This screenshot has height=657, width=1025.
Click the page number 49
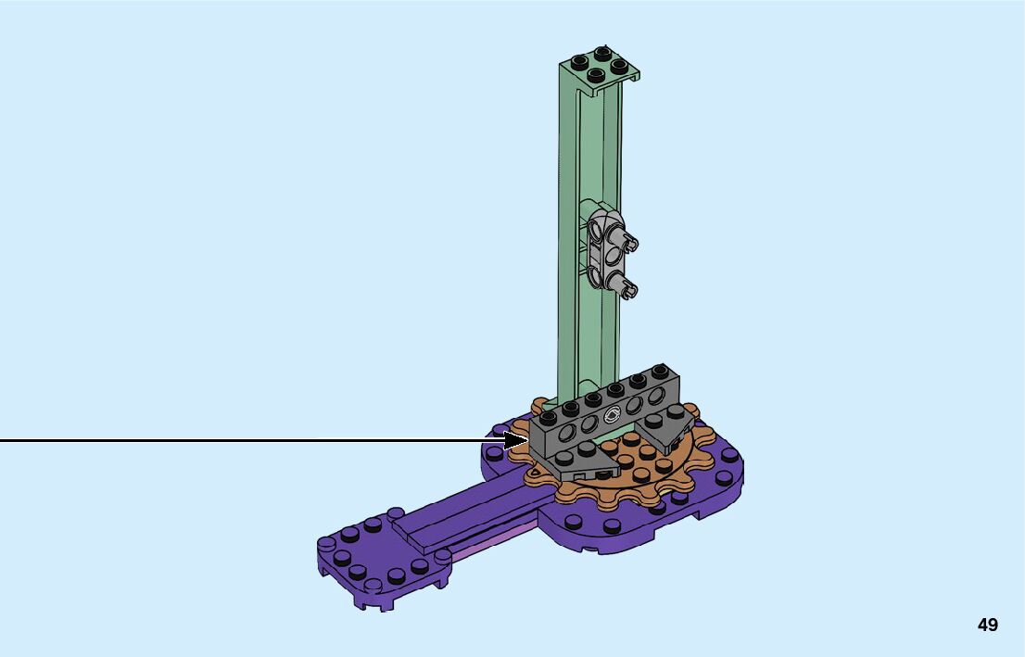988,625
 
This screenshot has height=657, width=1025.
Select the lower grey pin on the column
626,287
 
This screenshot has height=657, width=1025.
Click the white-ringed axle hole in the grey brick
614,414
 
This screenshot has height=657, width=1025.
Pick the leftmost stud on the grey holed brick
549,416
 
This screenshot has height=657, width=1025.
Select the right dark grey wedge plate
665,425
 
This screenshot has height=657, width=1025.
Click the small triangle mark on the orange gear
538,470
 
